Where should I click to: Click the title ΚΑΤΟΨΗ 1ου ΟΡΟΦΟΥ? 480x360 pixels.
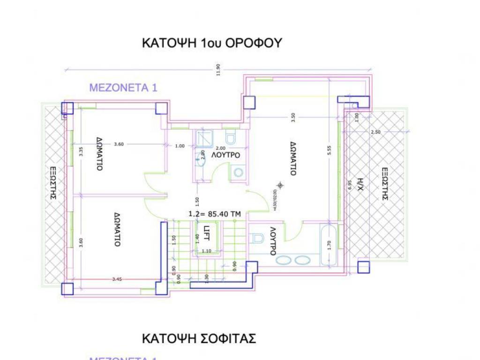[211, 43]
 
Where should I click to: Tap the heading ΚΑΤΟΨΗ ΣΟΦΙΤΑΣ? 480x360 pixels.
[199, 338]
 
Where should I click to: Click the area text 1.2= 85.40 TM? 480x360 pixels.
[214, 213]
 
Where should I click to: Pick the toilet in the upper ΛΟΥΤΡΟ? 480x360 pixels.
[230, 138]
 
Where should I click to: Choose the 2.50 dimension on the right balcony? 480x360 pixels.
[375, 132]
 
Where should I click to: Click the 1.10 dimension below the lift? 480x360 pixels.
[206, 251]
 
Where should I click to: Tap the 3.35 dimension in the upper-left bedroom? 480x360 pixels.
[81, 151]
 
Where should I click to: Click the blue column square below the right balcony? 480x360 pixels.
[363, 267]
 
